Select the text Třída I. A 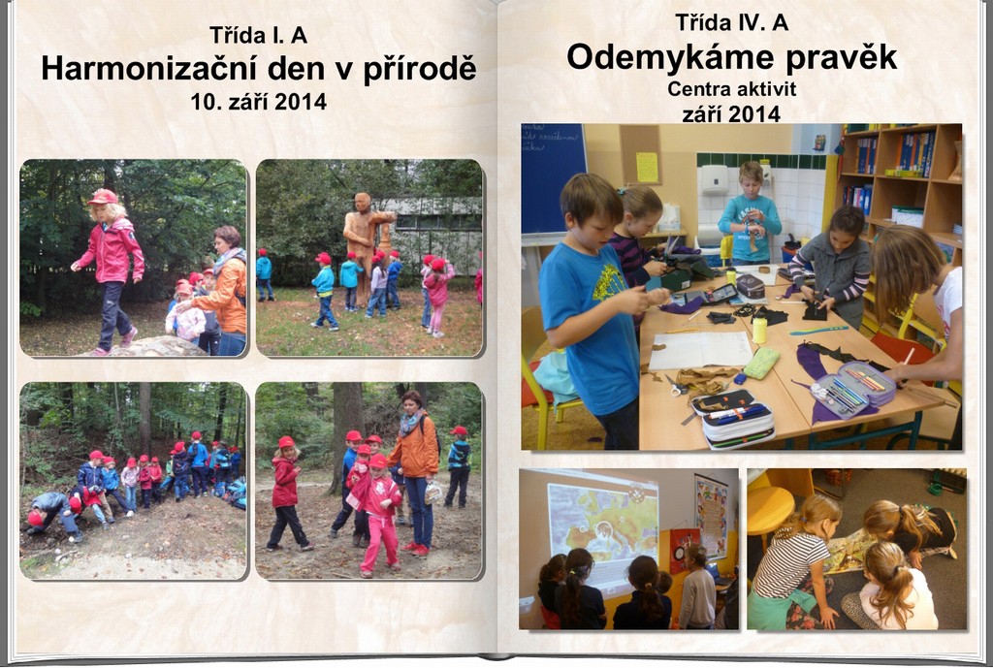coord(258,35)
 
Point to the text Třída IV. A coord(731,23)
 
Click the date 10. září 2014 coord(258,101)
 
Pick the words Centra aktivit coord(731,88)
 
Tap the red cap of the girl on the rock coord(104,197)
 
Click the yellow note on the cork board coord(647,167)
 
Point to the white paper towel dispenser coord(715,179)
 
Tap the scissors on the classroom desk coord(676,387)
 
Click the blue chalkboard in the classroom coord(552,178)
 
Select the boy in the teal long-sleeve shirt coord(750,213)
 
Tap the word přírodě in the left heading coord(419,69)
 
